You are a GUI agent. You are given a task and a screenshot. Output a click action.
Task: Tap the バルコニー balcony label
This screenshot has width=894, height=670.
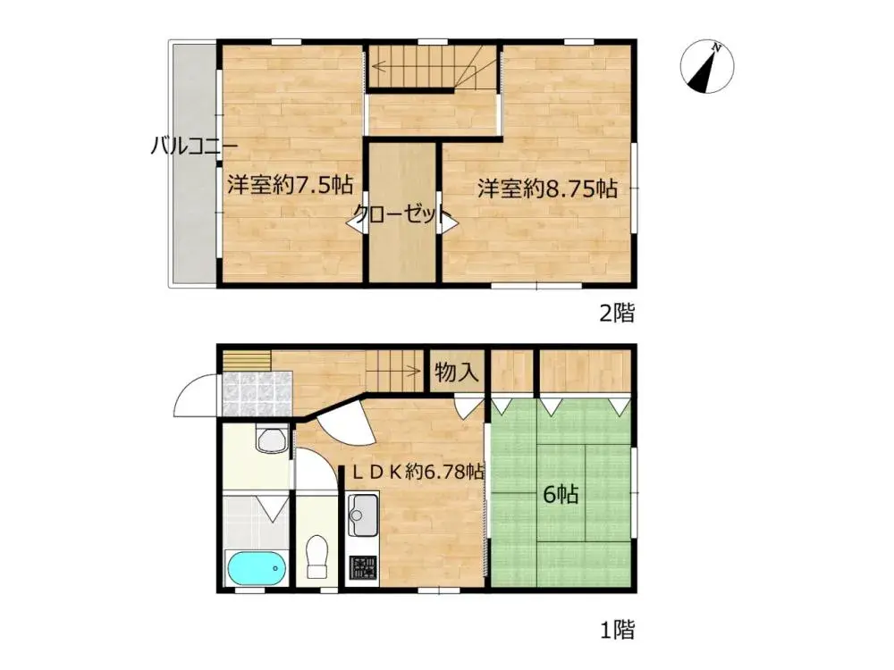click(193, 147)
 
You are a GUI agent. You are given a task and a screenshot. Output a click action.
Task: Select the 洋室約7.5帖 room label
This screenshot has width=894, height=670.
click(290, 186)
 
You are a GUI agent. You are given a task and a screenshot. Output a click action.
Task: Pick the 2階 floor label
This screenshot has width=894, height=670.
click(616, 313)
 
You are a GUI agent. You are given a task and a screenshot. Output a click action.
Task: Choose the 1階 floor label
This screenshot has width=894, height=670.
click(617, 630)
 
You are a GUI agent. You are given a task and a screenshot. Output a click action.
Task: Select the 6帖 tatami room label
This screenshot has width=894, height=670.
click(561, 493)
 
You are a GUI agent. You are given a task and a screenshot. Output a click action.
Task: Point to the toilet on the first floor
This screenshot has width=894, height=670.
click(317, 559)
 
